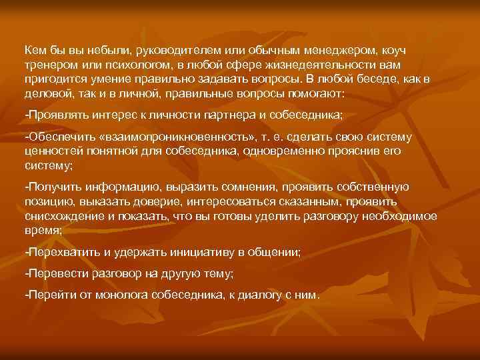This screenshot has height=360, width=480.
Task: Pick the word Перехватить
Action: pos(59,251)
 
